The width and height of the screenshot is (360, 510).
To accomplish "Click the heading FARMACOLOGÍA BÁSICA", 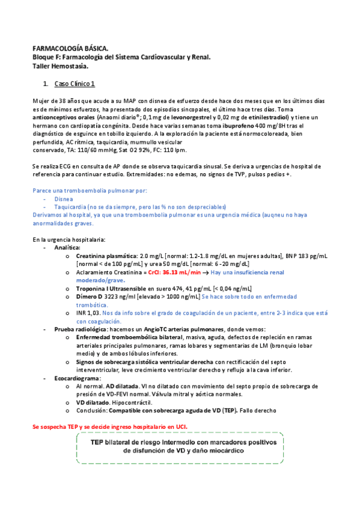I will pyautogui.click(x=70, y=48).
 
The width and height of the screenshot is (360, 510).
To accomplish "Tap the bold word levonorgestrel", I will pyautogui.click(x=175, y=118).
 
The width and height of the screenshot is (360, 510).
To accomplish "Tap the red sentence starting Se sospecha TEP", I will pyautogui.click(x=109, y=426).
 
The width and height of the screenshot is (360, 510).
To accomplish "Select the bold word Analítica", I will pyautogui.click(x=67, y=247).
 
